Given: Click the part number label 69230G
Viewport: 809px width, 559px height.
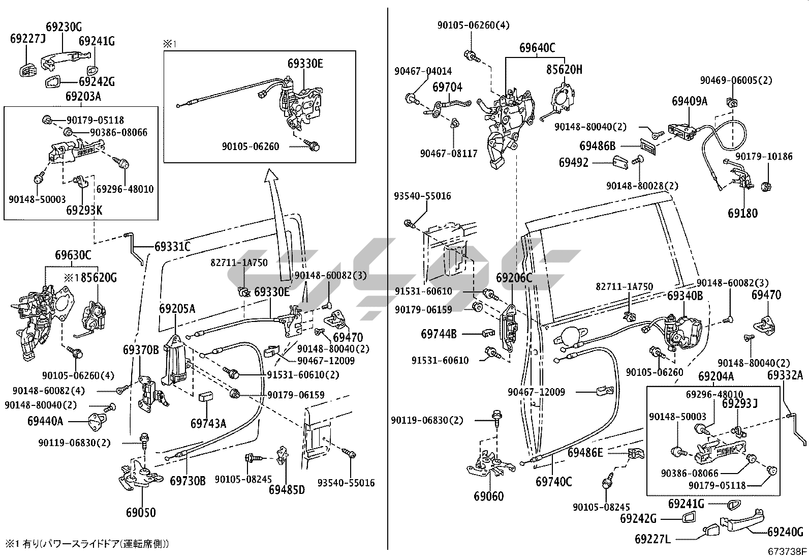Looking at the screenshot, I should pos(64,27).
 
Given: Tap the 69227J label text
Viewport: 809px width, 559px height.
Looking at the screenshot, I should pos(28,38).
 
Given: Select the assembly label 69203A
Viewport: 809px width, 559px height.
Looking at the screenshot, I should pos(83,96).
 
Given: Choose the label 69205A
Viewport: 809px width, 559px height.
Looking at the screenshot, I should pos(177,308).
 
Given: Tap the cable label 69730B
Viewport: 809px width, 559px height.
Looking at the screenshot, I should pos(188,480).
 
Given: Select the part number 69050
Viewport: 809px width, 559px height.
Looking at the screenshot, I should pos(141,512).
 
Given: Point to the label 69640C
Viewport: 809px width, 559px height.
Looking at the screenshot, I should pos(537,48).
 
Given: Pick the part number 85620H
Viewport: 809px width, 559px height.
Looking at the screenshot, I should pos(565,69).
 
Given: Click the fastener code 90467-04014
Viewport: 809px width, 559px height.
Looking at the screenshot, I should pos(423,71).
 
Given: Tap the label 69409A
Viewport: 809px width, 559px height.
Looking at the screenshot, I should pos(690,101).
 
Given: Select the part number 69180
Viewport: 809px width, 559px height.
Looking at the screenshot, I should pos(742,213).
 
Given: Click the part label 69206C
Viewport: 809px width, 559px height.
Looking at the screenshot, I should pos(514,277).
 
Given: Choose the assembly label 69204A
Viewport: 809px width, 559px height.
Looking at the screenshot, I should pos(715,376).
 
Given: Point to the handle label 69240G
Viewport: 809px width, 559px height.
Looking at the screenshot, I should pos(785,532).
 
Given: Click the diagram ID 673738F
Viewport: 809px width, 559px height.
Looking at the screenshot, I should pos(787,551).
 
